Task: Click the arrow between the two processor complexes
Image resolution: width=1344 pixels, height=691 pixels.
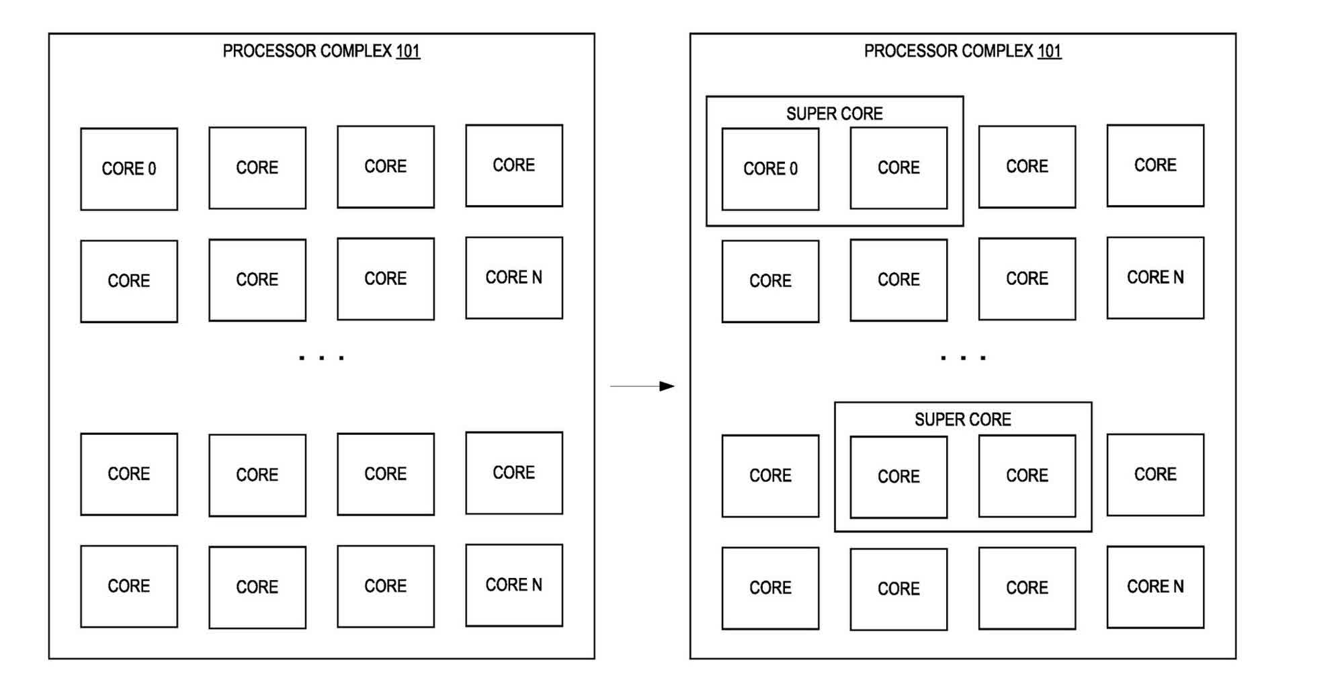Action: (642, 386)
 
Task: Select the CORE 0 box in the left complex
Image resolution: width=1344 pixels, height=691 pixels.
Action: (129, 169)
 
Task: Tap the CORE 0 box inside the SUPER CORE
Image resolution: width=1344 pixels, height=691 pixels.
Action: (770, 169)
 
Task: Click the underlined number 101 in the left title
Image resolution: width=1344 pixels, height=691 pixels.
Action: (408, 51)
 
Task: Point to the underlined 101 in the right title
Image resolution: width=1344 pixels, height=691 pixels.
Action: (1049, 51)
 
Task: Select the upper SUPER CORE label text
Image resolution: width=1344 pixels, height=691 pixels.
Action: (834, 114)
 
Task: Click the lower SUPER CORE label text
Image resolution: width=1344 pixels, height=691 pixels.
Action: (962, 419)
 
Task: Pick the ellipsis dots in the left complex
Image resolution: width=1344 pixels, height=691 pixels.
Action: (322, 358)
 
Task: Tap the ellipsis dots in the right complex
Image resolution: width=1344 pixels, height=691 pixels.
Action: (963, 358)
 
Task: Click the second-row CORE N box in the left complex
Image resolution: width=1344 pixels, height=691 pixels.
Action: (514, 278)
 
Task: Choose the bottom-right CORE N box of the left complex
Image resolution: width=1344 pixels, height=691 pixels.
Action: (514, 585)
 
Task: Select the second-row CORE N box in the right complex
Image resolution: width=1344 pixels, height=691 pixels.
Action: (1155, 278)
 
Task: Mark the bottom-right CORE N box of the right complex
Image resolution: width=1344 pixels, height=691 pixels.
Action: (1155, 587)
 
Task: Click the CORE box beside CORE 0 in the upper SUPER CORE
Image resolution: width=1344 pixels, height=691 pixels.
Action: (898, 167)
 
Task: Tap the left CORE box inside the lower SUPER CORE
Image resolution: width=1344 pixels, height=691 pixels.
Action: (898, 477)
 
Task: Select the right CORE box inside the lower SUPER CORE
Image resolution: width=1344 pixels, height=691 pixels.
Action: (1027, 475)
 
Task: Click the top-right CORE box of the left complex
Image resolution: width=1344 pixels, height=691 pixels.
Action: (514, 165)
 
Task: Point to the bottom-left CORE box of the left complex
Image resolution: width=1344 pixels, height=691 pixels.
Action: (129, 586)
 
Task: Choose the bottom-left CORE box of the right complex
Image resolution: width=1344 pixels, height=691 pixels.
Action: (770, 588)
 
